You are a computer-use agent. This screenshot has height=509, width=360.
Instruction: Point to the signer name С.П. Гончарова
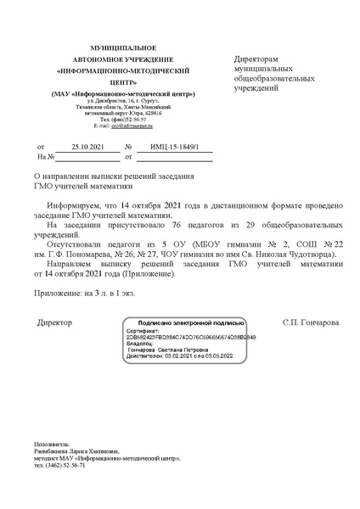tap(310, 323)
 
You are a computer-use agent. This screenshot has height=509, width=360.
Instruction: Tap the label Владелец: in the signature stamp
tap(141, 343)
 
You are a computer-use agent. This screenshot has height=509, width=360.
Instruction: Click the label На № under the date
tap(46, 157)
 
